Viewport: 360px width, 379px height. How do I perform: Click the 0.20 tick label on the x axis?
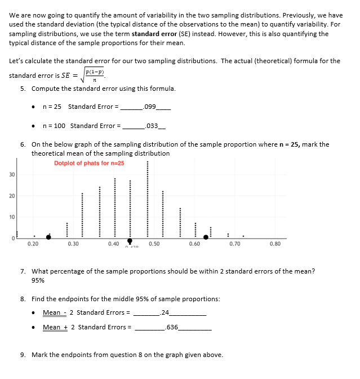(x=33, y=244)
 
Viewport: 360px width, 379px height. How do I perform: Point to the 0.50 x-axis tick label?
(x=154, y=244)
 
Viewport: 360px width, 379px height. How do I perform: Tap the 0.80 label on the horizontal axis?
(x=275, y=244)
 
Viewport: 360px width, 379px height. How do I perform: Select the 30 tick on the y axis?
(x=11, y=174)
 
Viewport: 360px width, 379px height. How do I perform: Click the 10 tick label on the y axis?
(x=11, y=217)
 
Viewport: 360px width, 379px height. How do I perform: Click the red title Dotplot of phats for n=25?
(x=89, y=164)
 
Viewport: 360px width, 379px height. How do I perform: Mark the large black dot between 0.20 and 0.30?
(x=48, y=237)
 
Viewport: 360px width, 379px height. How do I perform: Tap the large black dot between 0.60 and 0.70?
(x=205, y=237)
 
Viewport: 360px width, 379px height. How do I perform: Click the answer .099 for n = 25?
(x=150, y=107)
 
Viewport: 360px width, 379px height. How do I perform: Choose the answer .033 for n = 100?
(x=152, y=126)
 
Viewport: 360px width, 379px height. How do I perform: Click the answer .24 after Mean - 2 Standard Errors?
(x=165, y=312)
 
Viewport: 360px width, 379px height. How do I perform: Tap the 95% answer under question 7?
(x=38, y=280)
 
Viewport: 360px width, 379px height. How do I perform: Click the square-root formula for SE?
(x=97, y=76)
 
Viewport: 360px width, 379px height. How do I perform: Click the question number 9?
(x=23, y=355)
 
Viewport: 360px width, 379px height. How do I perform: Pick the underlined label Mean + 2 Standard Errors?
(x=87, y=327)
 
